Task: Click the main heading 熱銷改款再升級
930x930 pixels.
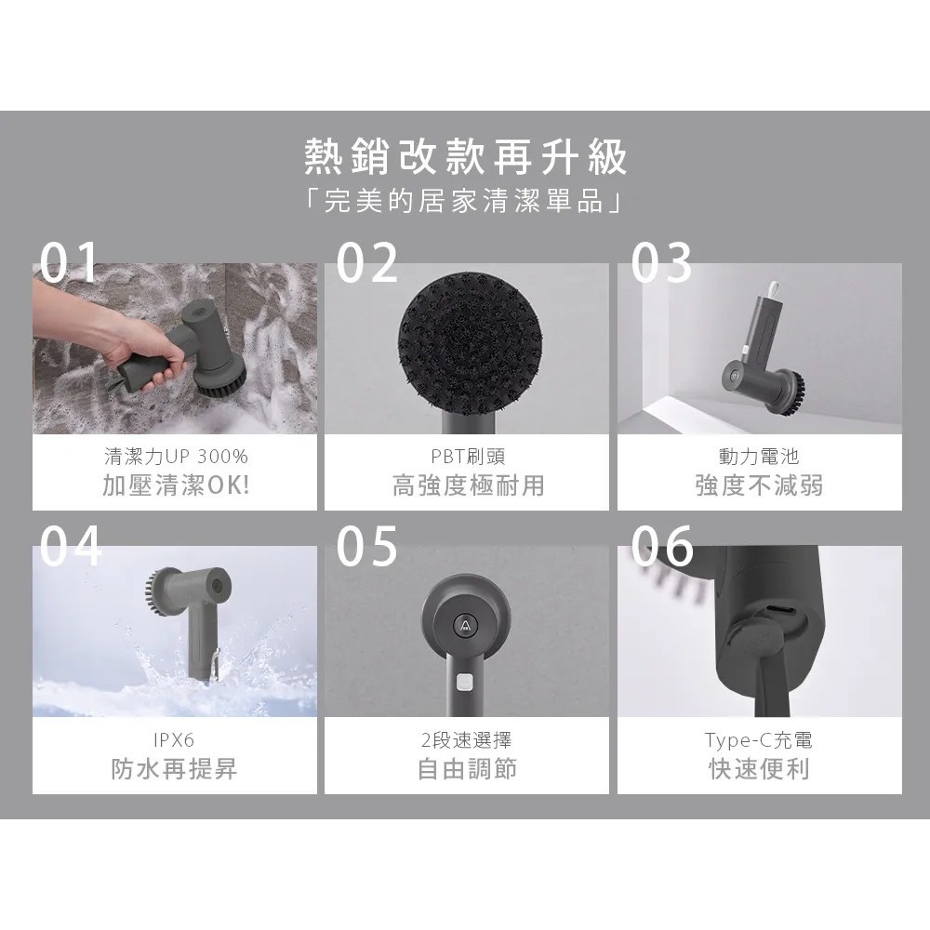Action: (x=466, y=159)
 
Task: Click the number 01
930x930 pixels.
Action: (x=71, y=263)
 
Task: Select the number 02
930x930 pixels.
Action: (x=366, y=263)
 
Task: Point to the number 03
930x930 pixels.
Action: (x=661, y=263)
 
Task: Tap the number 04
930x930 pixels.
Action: (x=71, y=546)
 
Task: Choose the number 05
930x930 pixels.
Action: (x=366, y=546)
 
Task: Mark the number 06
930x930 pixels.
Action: (x=661, y=546)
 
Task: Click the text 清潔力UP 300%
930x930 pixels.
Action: (x=175, y=457)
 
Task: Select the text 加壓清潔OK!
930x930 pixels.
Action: (x=175, y=485)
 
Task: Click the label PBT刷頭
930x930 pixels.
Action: (x=468, y=457)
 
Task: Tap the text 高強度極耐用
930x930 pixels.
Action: (x=468, y=485)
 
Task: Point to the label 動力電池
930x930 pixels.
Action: (x=759, y=457)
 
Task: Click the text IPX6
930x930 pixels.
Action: (x=175, y=740)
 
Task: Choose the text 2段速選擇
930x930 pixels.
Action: (x=466, y=740)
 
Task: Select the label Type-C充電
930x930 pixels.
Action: (x=759, y=740)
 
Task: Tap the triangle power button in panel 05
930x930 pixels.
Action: (x=465, y=625)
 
